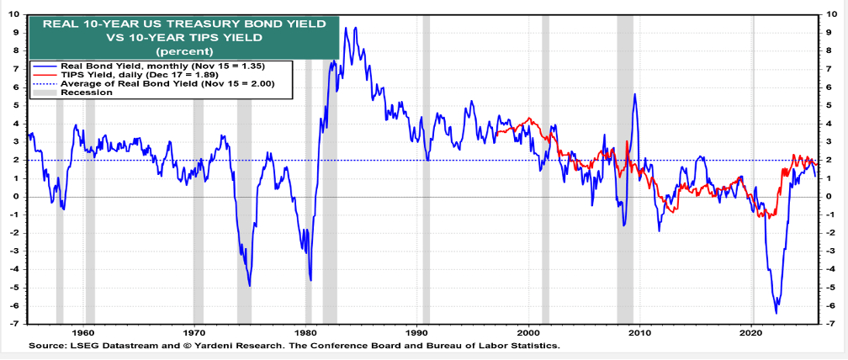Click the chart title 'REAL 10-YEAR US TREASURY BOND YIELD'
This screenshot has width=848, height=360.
coord(183,24)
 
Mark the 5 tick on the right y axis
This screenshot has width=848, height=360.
coord(831,105)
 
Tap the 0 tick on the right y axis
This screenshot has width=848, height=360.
coord(831,196)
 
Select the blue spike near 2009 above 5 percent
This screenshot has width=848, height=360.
coord(634,94)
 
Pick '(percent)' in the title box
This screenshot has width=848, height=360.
coord(183,51)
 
